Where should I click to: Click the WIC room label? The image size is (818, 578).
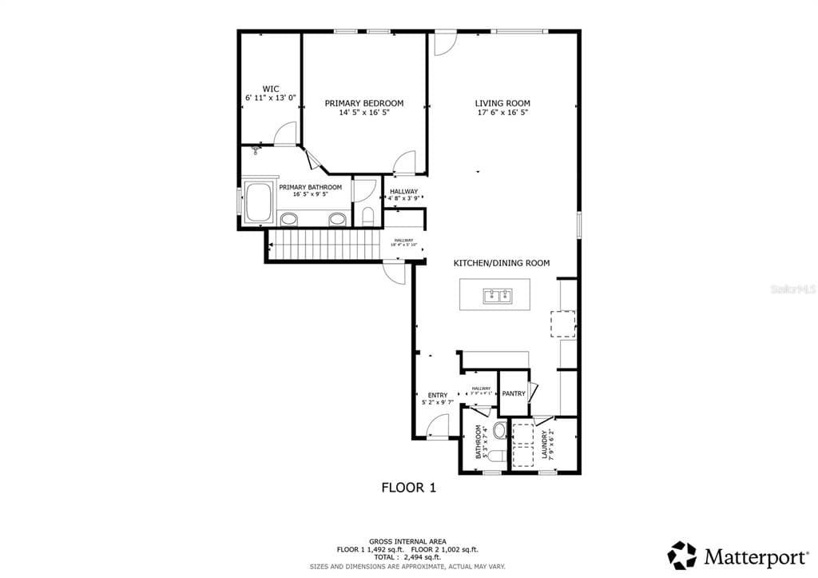pos(271,89)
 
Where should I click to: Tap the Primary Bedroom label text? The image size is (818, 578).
pos(363,103)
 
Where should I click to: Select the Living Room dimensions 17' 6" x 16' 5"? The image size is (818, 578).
pos(502,113)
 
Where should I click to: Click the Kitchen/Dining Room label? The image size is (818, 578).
pos(502,263)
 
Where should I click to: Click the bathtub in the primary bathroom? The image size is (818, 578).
pos(258,203)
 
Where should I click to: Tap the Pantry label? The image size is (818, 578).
pos(514,393)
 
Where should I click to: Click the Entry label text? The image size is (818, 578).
pos(438,395)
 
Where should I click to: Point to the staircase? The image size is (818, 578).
pos(324,243)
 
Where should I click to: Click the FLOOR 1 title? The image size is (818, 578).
pos(408,487)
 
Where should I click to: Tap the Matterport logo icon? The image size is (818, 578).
pos(682,555)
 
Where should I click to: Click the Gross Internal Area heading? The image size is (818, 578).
pos(407,541)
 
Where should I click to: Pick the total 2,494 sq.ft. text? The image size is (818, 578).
pos(407,558)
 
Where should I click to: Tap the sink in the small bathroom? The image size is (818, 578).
pos(500,431)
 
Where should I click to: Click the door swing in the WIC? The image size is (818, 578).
pos(285,134)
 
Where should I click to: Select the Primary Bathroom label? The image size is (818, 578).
pos(310,187)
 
